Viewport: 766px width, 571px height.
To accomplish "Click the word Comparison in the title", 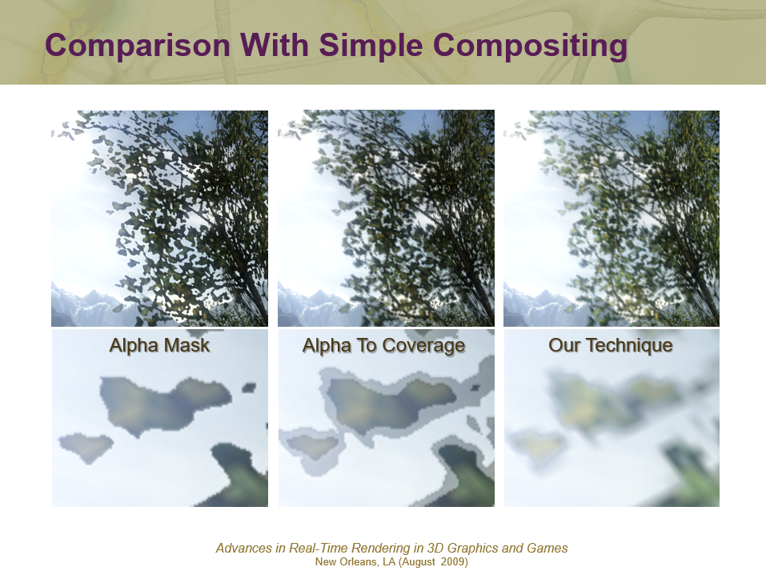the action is point(138,46).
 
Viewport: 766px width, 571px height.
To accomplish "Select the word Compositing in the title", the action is point(530,46).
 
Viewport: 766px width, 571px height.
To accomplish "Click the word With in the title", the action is point(274,45).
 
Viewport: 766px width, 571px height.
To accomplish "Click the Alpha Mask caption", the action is point(159,345).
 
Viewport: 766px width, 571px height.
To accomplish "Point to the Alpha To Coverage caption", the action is point(383,346).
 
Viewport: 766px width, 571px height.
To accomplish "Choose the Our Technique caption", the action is point(610,345).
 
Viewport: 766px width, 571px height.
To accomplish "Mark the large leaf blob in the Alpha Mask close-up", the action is point(164,404).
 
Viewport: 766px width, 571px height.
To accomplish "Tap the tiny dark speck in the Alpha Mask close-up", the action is point(249,388).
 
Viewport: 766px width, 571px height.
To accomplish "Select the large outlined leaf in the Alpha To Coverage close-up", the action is point(388,404).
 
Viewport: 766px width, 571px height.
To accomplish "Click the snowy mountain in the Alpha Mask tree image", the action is point(93,307).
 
